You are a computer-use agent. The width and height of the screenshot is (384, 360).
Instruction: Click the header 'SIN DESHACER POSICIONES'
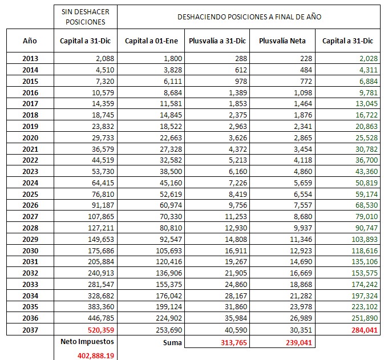pyautogui.click(x=88, y=17)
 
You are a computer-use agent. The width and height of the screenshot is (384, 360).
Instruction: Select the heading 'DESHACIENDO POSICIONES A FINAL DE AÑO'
pyautogui.click(x=249, y=17)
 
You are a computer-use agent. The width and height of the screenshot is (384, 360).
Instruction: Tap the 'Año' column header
pyautogui.click(x=30, y=41)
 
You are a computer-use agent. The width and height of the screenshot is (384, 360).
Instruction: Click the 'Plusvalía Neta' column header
pyautogui.click(x=282, y=41)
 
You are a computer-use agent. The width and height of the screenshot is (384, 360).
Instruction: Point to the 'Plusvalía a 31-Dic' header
pyautogui.click(x=217, y=41)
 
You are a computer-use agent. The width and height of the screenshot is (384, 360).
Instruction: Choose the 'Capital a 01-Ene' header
pyautogui.click(x=151, y=41)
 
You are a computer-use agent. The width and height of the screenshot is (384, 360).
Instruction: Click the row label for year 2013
pyautogui.click(x=30, y=58)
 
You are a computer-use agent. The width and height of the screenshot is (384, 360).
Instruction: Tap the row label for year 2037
pyautogui.click(x=30, y=330)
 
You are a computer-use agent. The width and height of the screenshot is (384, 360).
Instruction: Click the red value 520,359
pyautogui.click(x=98, y=330)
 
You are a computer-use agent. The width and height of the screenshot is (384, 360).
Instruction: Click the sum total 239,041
pyautogui.click(x=294, y=342)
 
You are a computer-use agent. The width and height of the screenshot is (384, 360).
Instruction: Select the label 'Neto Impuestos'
pyautogui.click(x=88, y=341)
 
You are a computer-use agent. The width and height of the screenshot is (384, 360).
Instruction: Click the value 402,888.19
pyautogui.click(x=96, y=354)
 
